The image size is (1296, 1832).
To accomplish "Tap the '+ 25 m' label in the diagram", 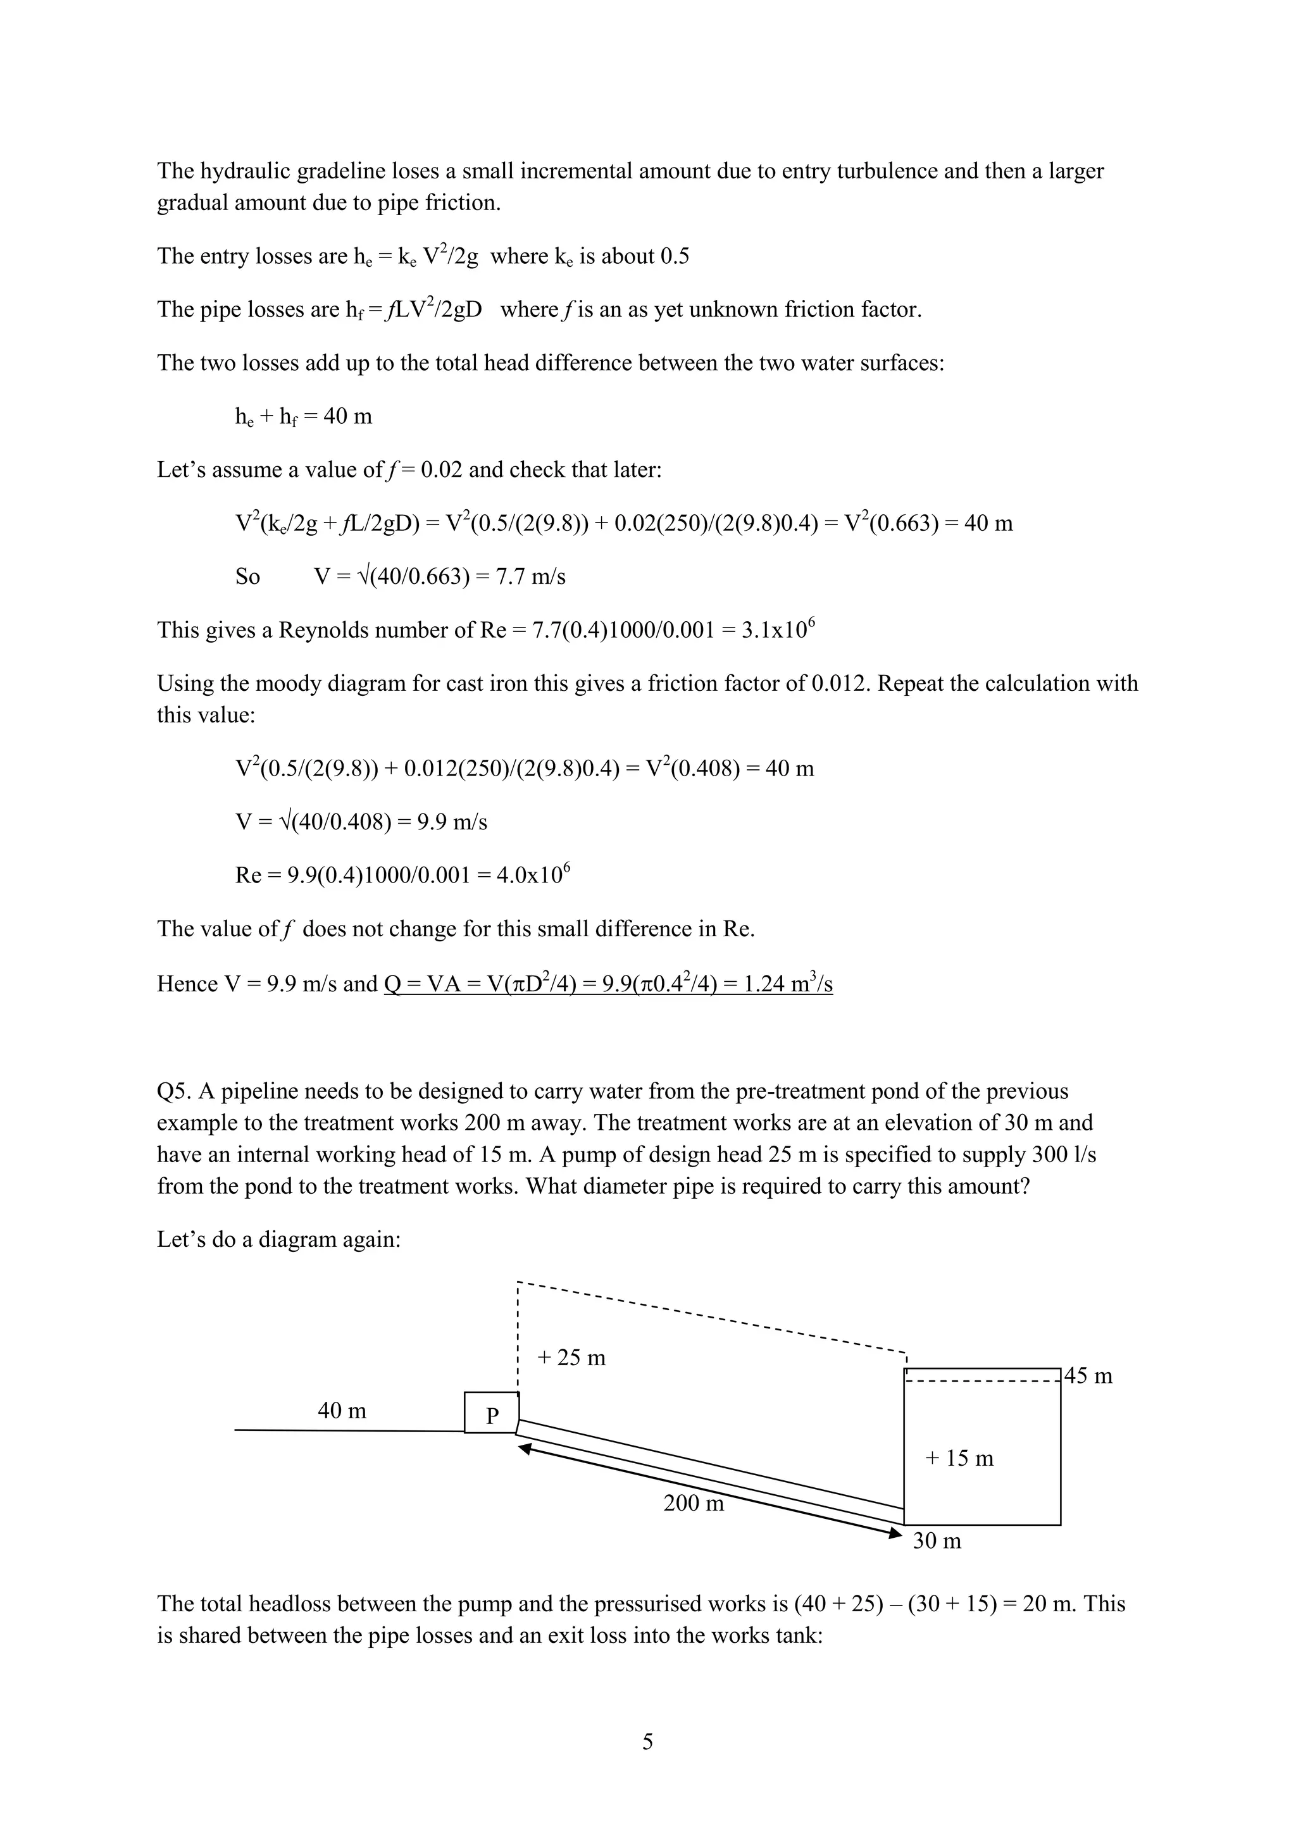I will pyautogui.click(x=571, y=1358).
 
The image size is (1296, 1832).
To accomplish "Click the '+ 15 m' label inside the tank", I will pyautogui.click(x=959, y=1458).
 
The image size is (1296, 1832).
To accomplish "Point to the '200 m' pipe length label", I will pyautogui.click(x=694, y=1503).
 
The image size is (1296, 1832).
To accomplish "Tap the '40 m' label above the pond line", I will pyautogui.click(x=342, y=1411).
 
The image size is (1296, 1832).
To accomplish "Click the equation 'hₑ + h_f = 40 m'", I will pyautogui.click(x=303, y=416).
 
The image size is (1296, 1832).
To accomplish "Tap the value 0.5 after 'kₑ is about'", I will pyautogui.click(x=675, y=257).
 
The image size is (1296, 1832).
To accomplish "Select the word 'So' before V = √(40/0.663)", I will pyautogui.click(x=247, y=577).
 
